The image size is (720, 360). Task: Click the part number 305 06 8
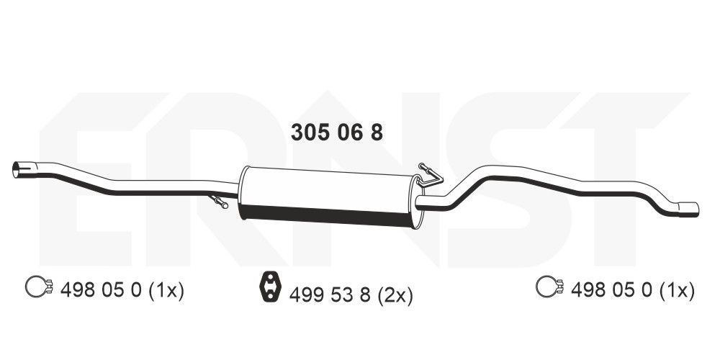336,132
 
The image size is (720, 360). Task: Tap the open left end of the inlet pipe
18,170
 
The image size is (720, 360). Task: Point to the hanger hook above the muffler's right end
429,171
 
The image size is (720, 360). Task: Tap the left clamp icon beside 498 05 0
39,288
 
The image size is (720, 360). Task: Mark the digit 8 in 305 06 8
375,132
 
